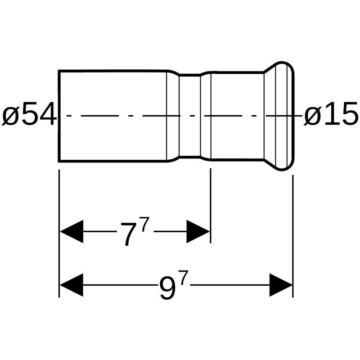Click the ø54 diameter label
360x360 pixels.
29,114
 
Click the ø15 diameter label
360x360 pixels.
331,114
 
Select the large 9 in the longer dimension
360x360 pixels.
167,288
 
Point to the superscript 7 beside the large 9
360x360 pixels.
184,278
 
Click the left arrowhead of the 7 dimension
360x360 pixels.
72,231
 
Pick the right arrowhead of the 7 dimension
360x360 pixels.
198,231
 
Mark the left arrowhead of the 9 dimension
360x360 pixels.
72,285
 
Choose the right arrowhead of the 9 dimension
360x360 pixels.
281,285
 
